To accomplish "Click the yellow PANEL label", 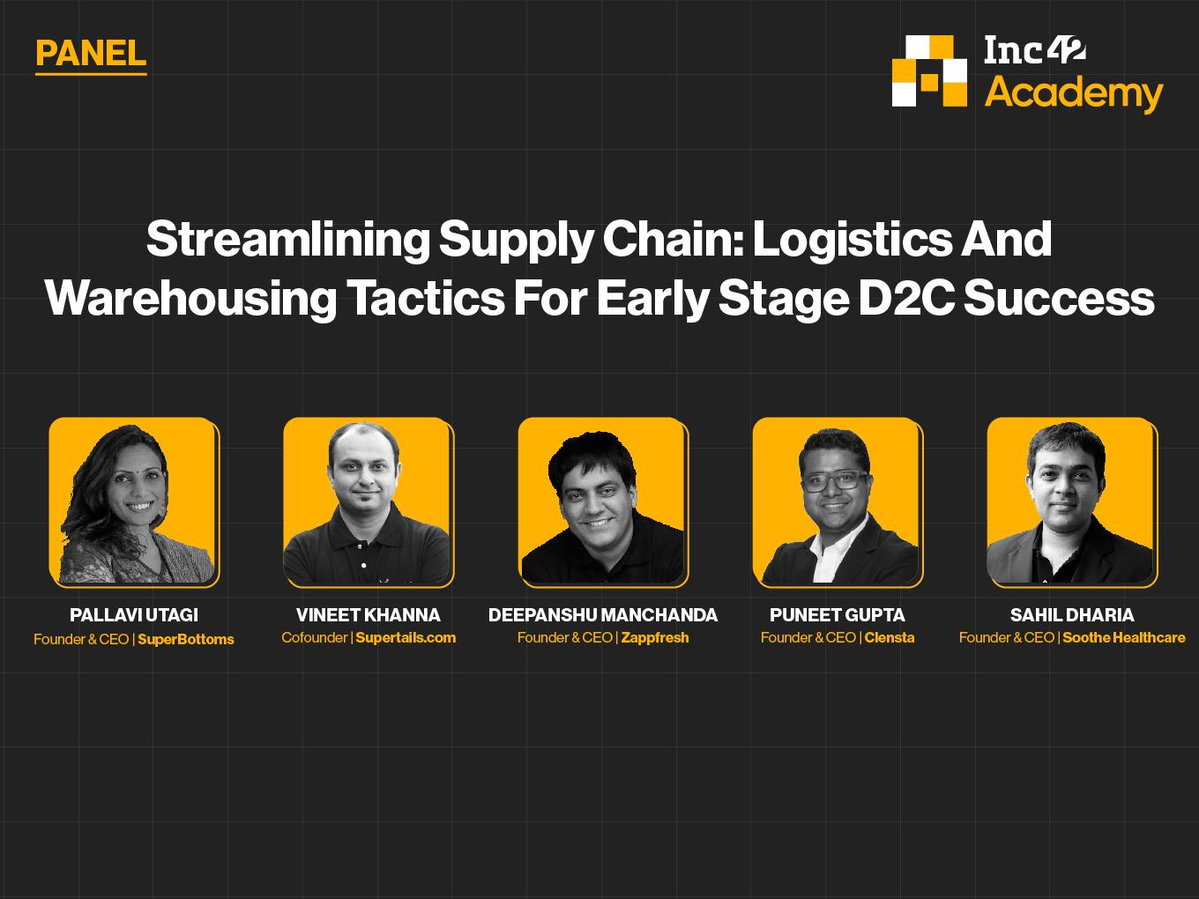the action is pos(91,54).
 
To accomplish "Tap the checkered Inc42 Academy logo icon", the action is pos(929,71).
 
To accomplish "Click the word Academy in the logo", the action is pos(1074,93).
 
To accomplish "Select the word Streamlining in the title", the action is pos(288,240).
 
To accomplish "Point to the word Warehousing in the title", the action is pos(190,298).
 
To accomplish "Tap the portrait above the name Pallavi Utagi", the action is pos(134,502).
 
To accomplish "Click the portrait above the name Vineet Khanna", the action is pos(369,502).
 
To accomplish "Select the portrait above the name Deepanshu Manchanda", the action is pos(604,502).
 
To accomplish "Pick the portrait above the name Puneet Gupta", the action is pos(838,502).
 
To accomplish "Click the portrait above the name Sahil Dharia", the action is pos(1072,502).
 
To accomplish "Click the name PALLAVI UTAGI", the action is pos(134,615).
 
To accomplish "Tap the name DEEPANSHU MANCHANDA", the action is pos(603,615).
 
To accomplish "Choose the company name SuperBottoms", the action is pos(186,639).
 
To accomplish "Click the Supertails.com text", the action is pos(406,637).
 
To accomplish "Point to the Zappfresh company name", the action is pos(655,637).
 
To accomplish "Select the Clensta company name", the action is pos(890,637).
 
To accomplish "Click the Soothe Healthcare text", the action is pos(1123,637).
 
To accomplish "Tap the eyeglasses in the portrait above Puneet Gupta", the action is pos(834,481).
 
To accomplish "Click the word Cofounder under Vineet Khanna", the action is pos(315,637).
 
